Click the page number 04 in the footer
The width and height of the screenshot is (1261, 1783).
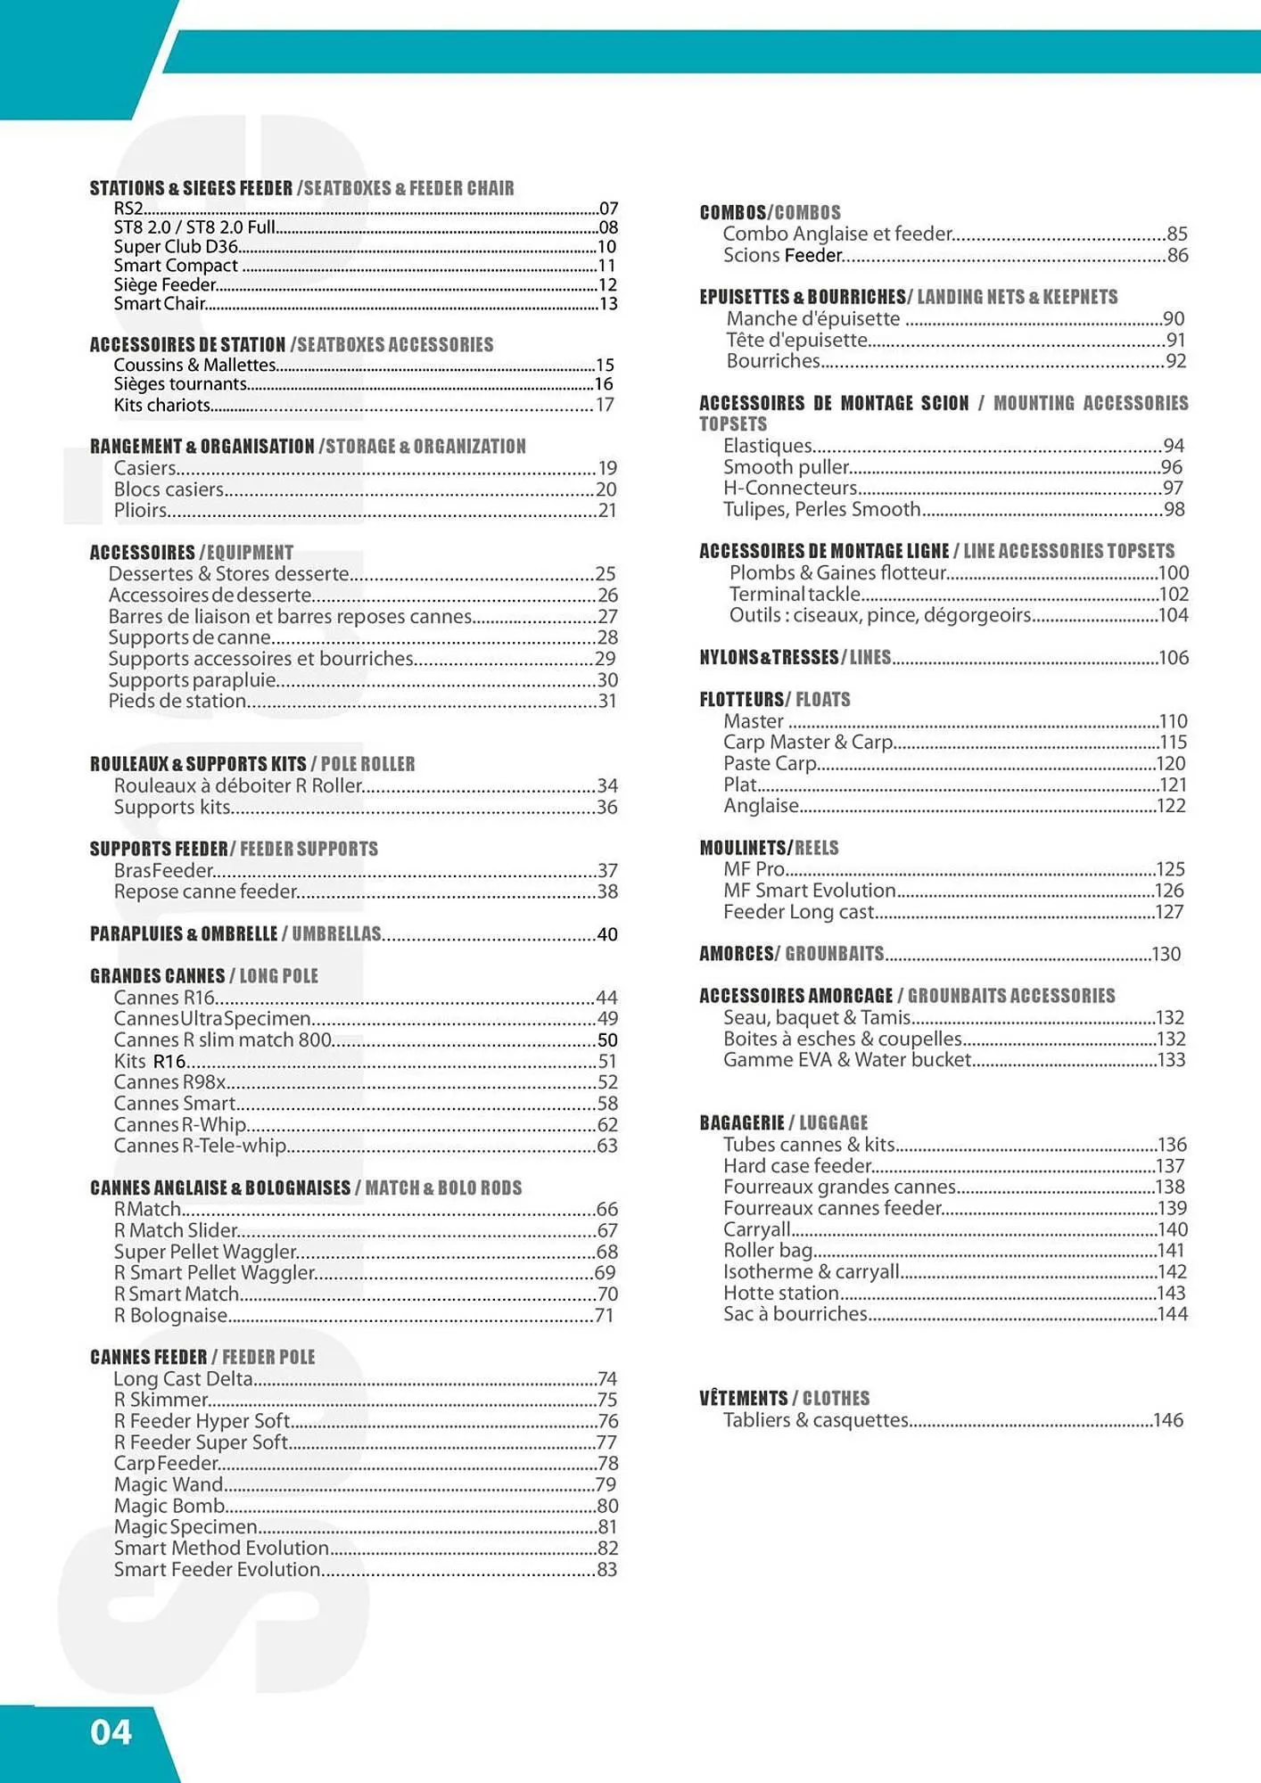click(111, 1732)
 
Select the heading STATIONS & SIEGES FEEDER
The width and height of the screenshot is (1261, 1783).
click(191, 188)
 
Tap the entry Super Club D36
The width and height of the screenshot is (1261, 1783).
click(176, 247)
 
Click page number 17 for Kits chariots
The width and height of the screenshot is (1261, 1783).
click(605, 405)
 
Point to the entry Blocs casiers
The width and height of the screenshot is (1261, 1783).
click(169, 489)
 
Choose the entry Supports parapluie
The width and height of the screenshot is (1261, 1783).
click(192, 680)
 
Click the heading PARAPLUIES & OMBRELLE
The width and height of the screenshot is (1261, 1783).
click(184, 934)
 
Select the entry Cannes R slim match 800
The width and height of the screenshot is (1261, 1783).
click(222, 1040)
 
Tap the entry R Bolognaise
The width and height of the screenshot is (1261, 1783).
click(170, 1316)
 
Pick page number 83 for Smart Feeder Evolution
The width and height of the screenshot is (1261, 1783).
click(606, 1570)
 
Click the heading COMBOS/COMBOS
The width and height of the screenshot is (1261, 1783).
click(770, 213)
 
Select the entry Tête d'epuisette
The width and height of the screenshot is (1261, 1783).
click(796, 341)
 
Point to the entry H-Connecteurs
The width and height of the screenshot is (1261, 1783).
click(790, 489)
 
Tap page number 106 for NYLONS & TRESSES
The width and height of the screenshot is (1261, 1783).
click(1174, 658)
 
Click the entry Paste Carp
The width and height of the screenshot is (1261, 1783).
click(770, 764)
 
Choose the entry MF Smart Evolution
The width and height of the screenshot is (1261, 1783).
click(809, 891)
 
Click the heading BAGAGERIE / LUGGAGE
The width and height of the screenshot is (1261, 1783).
click(783, 1123)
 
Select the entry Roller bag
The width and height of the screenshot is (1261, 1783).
click(768, 1251)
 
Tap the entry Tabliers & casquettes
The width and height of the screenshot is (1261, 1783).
click(815, 1420)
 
